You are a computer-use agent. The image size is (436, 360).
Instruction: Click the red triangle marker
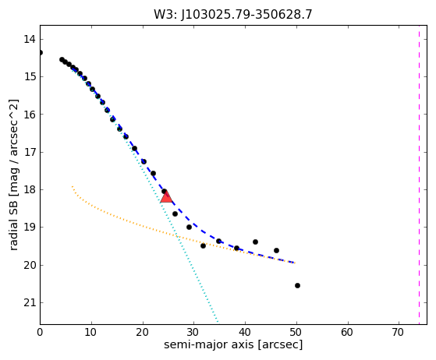click(166, 197)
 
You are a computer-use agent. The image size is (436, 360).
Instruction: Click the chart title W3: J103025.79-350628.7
click(233, 15)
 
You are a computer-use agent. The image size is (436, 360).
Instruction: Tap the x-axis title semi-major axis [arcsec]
click(233, 344)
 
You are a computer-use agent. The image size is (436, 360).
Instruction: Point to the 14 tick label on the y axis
click(29, 39)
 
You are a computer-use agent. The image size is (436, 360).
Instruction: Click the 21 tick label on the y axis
click(29, 302)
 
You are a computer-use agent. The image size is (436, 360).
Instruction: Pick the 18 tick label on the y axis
click(29, 189)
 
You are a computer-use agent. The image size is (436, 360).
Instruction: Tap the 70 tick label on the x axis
click(399, 332)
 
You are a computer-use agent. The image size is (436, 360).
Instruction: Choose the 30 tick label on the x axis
click(193, 332)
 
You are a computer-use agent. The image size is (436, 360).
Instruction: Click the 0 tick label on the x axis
click(40, 332)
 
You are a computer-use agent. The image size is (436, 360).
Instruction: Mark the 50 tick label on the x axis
click(296, 332)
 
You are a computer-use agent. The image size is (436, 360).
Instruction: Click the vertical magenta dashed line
click(419, 175)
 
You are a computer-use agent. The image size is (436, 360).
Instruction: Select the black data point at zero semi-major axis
click(41, 52)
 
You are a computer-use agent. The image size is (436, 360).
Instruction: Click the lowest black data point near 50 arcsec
click(297, 285)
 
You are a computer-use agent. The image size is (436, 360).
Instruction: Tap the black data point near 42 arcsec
click(255, 242)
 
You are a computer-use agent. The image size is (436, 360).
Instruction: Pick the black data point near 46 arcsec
click(276, 251)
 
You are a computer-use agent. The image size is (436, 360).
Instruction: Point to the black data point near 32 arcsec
click(203, 245)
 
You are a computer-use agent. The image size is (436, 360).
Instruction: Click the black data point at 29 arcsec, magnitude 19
click(189, 228)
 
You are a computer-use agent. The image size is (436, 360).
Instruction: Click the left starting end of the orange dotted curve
click(73, 186)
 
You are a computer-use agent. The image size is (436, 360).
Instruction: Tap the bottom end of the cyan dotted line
click(218, 323)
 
